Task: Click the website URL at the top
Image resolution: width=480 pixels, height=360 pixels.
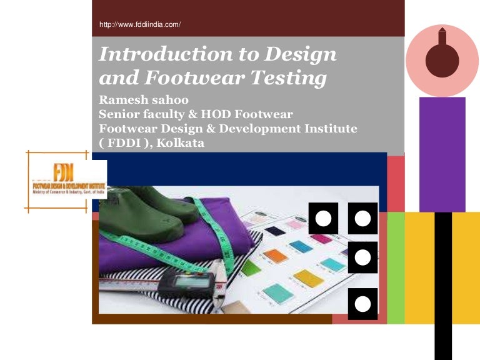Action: pos(140,25)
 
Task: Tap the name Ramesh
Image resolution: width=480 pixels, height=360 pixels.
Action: pos(121,101)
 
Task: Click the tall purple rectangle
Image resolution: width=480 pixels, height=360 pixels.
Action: pos(442,154)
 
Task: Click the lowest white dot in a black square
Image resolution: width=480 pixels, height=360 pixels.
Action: pos(362,304)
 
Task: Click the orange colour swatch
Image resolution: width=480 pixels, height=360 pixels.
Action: pos(275,255)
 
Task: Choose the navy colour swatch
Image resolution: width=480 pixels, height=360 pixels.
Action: pos(275,231)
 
